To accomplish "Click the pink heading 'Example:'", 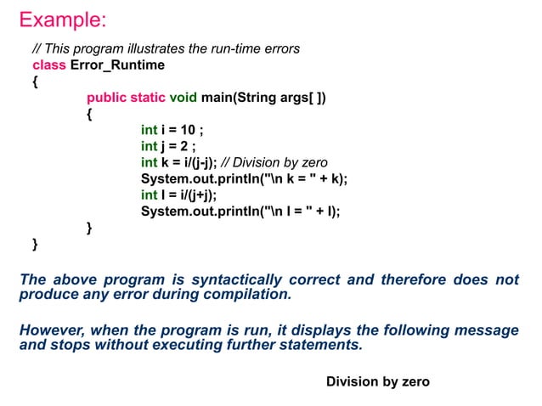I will click(63, 19).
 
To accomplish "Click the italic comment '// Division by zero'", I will click(274, 162).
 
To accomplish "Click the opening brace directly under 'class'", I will click(35, 82).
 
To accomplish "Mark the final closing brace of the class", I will click(35, 245).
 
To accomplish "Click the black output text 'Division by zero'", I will click(378, 382).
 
